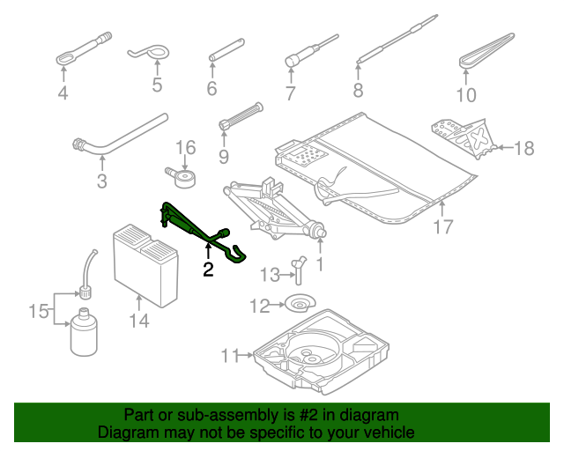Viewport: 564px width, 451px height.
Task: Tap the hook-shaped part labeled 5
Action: click(151, 55)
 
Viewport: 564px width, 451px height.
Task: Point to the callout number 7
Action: click(290, 93)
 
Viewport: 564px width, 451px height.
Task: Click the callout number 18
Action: click(523, 148)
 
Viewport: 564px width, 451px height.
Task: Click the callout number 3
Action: click(101, 182)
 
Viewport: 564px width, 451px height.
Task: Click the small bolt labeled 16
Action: click(183, 177)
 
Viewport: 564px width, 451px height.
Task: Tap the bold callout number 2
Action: click(208, 270)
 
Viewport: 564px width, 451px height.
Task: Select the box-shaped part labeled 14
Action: click(145, 264)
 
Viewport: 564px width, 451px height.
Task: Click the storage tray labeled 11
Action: click(322, 352)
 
